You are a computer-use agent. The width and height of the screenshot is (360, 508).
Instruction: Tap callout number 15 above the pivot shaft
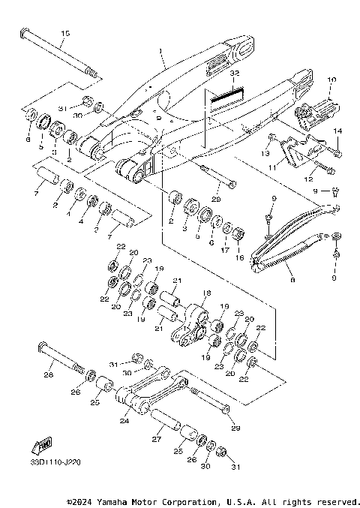pos(64,34)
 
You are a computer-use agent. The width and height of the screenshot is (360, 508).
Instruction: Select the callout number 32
pos(234,75)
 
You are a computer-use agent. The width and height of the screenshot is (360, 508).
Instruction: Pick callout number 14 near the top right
pos(337,132)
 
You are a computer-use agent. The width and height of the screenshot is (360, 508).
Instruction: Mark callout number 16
pos(241,257)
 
